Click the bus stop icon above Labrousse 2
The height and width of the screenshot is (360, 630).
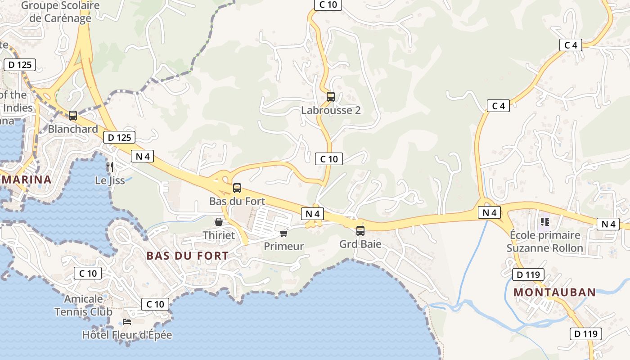(x=331, y=96)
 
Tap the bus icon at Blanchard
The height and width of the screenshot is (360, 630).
(x=73, y=115)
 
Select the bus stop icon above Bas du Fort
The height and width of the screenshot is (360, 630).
(x=237, y=188)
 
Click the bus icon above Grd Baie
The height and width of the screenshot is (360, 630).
(x=360, y=231)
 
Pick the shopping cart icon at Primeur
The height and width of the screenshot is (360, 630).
(x=283, y=233)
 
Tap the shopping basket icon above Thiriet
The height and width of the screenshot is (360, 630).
(x=219, y=222)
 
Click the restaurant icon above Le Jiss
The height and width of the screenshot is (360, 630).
(x=109, y=166)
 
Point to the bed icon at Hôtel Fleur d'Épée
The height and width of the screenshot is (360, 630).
(x=127, y=322)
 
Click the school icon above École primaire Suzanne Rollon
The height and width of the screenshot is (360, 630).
(x=545, y=221)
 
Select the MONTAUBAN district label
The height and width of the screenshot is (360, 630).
(x=554, y=292)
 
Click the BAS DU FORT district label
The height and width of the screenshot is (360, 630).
(x=187, y=256)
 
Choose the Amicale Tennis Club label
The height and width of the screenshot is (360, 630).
(x=84, y=305)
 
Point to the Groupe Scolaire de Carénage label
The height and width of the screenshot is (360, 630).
(x=60, y=12)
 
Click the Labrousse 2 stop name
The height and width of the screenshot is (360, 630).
(x=331, y=110)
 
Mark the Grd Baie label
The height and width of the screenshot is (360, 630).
(x=360, y=244)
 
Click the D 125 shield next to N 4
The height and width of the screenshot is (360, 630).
(x=119, y=137)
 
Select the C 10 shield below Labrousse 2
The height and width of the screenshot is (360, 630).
(x=329, y=159)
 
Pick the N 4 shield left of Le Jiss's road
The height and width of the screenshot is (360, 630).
(x=143, y=156)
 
